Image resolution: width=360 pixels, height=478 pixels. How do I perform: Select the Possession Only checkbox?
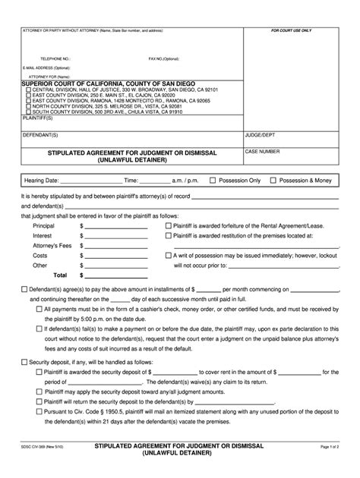[213, 181]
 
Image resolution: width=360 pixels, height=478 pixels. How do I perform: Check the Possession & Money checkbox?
[273, 181]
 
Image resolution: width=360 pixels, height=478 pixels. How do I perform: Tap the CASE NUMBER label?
[263, 151]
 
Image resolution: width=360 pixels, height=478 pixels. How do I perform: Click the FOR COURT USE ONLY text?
[292, 31]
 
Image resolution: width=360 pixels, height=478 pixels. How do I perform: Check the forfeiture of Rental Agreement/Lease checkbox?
[168, 226]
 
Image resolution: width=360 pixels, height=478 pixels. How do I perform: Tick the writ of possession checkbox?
[168, 256]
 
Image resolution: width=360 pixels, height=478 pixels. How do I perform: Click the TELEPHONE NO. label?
[55, 58]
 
